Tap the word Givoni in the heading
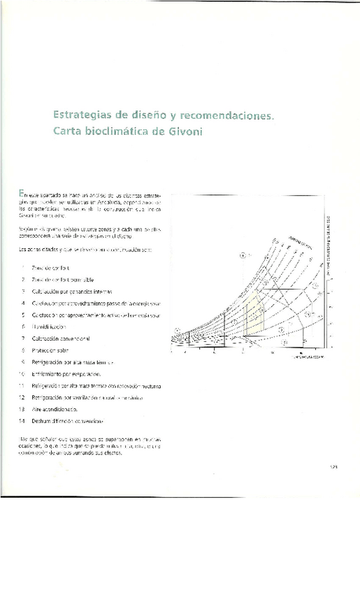(x=182, y=131)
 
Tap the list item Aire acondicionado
(x=55, y=408)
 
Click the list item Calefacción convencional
(x=61, y=338)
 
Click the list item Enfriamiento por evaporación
(x=66, y=373)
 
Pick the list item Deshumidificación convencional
(x=67, y=420)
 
